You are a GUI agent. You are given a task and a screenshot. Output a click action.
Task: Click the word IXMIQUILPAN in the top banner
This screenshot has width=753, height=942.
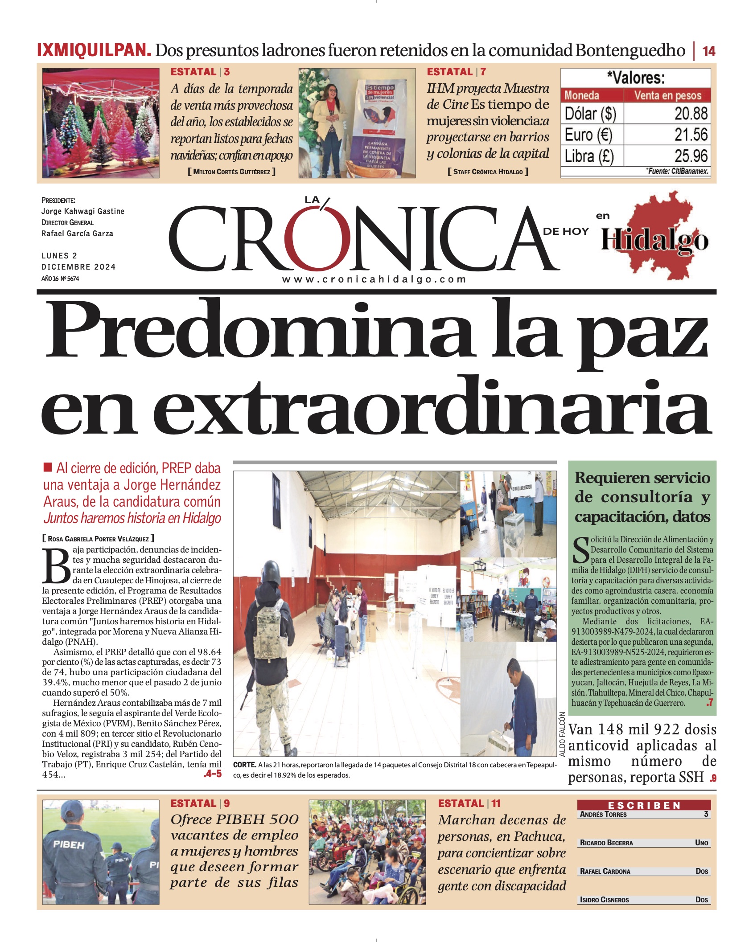(x=94, y=50)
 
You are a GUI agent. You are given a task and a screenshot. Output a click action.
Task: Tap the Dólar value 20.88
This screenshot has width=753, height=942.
(x=691, y=114)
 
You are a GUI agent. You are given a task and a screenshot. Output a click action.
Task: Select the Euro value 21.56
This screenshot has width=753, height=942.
(x=691, y=135)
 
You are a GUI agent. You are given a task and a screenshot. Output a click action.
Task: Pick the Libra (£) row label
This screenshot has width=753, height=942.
(x=589, y=156)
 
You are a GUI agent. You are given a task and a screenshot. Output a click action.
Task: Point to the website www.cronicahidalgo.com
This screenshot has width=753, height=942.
(x=374, y=279)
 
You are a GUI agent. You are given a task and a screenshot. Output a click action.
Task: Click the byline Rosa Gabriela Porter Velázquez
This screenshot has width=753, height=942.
(x=99, y=539)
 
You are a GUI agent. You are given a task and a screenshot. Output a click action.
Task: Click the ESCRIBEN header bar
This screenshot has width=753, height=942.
(x=644, y=805)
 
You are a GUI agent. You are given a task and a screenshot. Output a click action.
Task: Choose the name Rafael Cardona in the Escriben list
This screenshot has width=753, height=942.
(x=605, y=871)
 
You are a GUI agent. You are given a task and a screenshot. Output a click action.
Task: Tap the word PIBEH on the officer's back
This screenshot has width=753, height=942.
(x=69, y=844)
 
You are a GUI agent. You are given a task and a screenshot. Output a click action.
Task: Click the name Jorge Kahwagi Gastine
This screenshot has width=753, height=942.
(x=83, y=211)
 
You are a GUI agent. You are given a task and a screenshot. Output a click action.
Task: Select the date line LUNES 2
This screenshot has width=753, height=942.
(x=59, y=256)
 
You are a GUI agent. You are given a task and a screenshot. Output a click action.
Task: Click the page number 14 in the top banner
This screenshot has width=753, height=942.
(x=708, y=51)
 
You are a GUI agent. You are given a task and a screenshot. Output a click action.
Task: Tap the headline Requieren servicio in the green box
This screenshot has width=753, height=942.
(x=642, y=478)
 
